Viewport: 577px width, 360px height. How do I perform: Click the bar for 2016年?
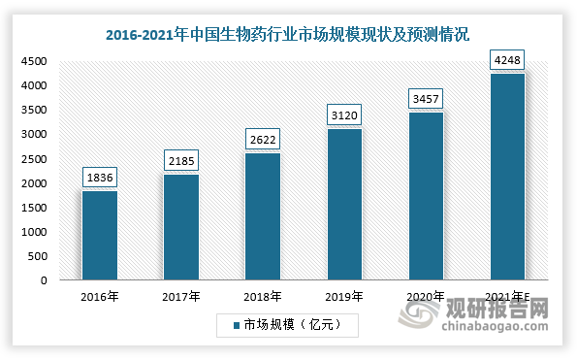tap(99, 236)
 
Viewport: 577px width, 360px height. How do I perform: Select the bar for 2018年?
tap(263, 216)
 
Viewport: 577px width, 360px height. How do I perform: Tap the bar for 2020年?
tap(427, 196)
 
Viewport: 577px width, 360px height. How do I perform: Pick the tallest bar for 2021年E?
tap(508, 177)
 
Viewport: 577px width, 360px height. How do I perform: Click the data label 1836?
tap(99, 177)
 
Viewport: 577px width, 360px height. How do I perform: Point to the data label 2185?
tap(181, 160)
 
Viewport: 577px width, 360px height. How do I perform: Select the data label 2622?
tap(263, 139)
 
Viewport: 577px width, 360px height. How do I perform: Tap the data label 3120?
tap(345, 115)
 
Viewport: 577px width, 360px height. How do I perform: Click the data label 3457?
tap(427, 98)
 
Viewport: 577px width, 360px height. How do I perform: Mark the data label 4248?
tap(508, 59)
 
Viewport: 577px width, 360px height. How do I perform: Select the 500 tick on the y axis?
tap(38, 257)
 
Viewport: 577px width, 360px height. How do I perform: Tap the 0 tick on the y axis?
tap(45, 281)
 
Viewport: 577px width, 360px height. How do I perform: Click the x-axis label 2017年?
tap(181, 296)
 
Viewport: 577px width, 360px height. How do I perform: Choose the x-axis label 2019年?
tap(345, 296)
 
